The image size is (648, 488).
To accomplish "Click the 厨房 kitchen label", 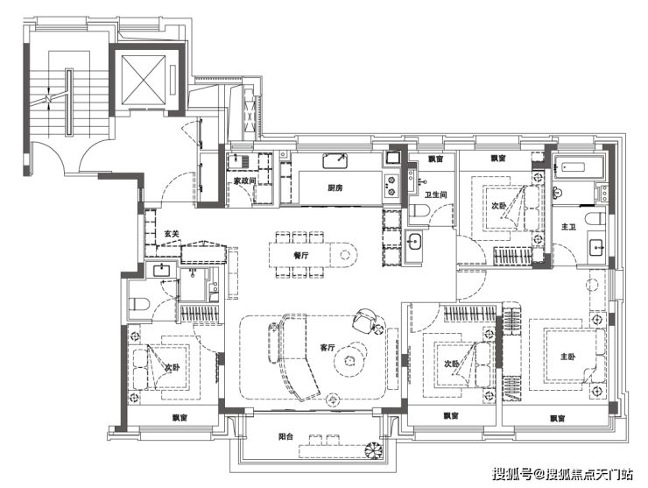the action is (x=335, y=188).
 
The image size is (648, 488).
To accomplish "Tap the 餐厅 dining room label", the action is (x=301, y=255).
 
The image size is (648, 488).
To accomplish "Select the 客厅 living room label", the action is (x=328, y=348).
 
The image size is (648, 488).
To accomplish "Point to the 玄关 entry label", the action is (x=172, y=234).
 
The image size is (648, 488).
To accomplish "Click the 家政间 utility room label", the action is (x=245, y=180).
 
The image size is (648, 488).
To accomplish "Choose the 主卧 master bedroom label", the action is (x=567, y=357).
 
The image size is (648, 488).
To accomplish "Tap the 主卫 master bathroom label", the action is (x=568, y=227).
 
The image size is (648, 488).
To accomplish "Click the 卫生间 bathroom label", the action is (x=435, y=194).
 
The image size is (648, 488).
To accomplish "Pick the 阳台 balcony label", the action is (x=285, y=436).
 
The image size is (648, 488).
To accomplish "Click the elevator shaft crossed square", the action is (x=143, y=80).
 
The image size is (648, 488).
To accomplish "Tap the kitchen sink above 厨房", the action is (x=335, y=161).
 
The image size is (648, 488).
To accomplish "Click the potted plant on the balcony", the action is (x=375, y=450).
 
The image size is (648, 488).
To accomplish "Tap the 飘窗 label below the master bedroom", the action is (x=557, y=419).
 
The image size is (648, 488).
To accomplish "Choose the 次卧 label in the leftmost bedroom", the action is (x=172, y=367).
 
